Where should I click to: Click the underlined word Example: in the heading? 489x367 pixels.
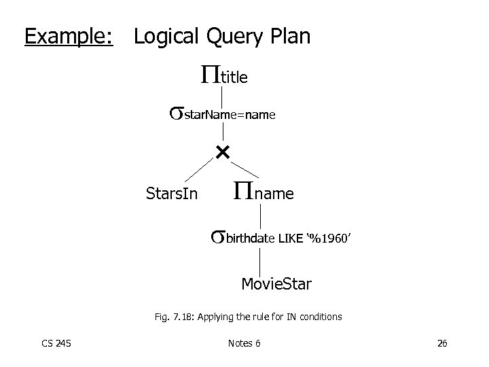point(69,35)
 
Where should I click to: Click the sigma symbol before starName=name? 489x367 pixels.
point(177,113)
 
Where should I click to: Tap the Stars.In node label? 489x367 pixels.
point(172,194)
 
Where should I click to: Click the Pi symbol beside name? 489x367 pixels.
point(244,190)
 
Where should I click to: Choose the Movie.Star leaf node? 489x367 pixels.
point(276,283)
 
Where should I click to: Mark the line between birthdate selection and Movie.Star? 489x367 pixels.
point(261,262)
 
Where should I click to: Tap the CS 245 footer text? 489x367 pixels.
point(56,343)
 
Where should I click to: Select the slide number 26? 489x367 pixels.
point(441,343)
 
